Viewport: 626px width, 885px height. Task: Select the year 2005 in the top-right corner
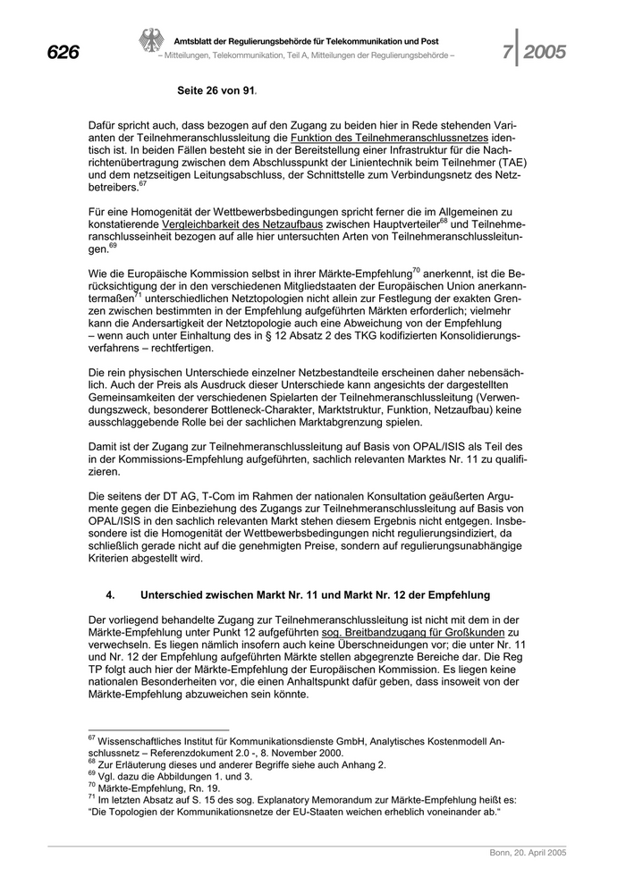click(545, 53)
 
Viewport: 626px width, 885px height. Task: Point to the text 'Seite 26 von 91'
click(217, 91)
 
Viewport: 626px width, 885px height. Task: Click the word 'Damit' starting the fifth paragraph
click(106, 445)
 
